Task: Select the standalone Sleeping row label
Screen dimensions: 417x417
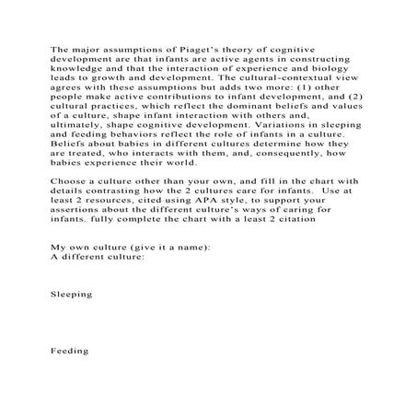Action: coord(71,292)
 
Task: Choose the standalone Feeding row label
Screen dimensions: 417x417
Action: coord(69,352)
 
